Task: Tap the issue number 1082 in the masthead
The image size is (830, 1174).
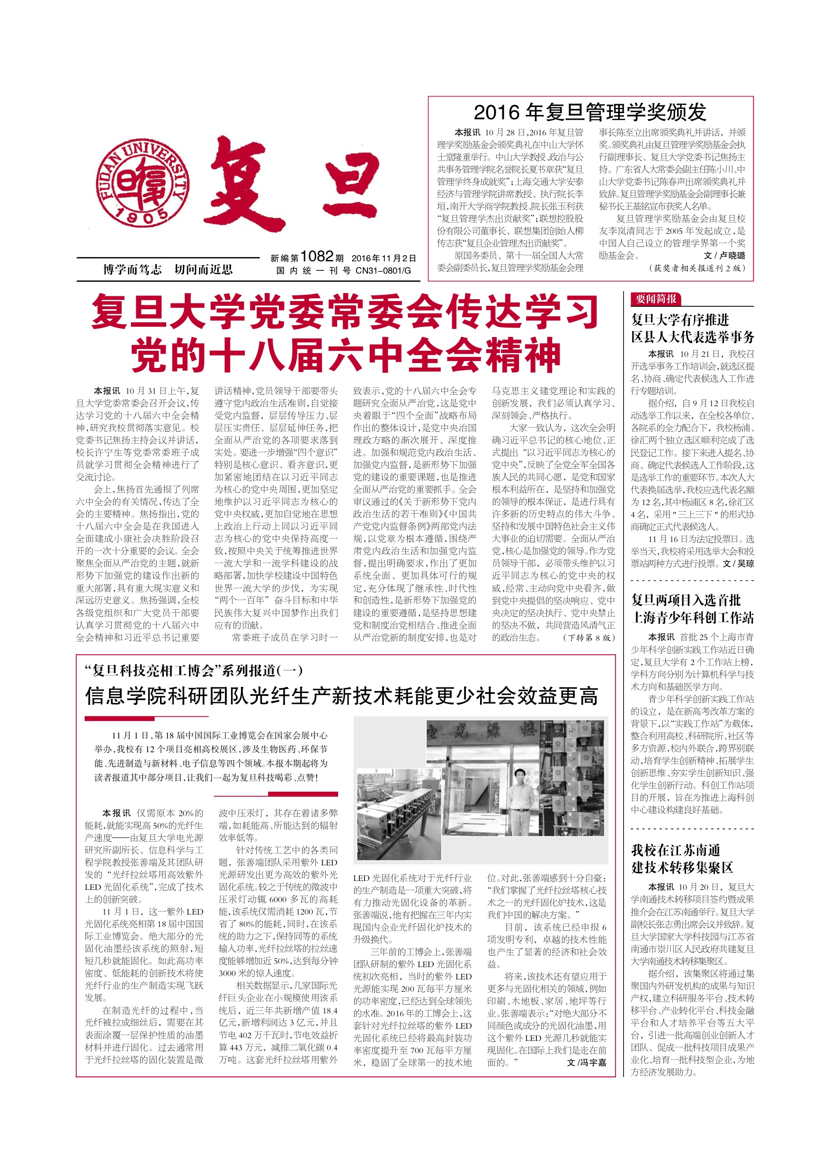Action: [317, 257]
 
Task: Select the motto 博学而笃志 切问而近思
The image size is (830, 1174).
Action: [168, 269]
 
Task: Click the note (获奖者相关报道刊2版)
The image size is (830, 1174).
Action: [697, 268]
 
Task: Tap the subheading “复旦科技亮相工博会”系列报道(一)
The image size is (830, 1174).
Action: [194, 670]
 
